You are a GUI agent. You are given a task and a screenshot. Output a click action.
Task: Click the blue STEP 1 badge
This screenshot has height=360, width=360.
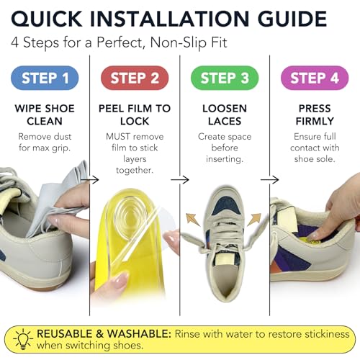pos(45,78)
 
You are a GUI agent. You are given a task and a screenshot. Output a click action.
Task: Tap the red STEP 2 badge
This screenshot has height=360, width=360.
pos(135,78)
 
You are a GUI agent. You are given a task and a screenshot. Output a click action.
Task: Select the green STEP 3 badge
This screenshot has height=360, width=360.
pos(225,78)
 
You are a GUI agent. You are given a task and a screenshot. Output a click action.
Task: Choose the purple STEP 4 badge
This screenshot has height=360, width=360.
pos(315,78)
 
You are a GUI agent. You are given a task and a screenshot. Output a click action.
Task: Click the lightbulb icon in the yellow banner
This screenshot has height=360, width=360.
pos(23,339)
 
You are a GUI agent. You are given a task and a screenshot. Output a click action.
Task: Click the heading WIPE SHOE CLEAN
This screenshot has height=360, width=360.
pos(45,114)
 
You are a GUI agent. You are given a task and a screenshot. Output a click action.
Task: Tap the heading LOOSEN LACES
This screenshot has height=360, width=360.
pos(225,114)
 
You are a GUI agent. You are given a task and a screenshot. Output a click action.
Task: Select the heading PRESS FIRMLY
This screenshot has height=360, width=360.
pos(315,114)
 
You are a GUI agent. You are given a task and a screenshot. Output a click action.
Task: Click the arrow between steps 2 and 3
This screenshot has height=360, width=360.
pos(180,179)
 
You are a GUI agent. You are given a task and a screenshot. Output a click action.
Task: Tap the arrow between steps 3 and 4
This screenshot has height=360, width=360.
pos(270,179)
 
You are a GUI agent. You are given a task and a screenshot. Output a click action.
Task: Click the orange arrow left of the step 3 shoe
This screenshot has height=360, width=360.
pos(192,220)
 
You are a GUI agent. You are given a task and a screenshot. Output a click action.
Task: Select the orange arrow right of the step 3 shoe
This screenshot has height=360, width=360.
pos(254,219)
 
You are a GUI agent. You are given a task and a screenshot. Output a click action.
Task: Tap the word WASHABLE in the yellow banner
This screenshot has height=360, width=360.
pos(139,334)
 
